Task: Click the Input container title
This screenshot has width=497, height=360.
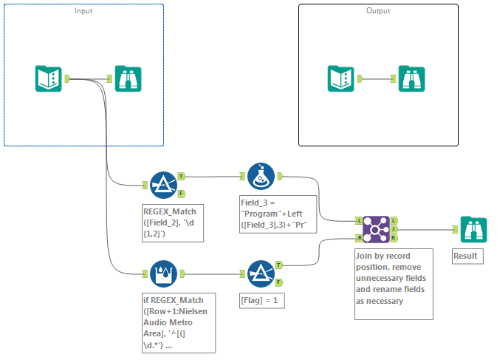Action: point(84,11)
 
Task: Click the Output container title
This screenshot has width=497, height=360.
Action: point(377,11)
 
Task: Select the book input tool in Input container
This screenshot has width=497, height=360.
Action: point(49,78)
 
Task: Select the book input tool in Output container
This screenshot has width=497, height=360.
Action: point(341,78)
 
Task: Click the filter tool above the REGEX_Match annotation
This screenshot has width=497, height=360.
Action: point(164,185)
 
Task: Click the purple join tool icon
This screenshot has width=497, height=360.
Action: point(375,229)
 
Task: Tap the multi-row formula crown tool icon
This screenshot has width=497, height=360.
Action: point(164,273)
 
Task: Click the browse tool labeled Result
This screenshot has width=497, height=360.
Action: point(473,229)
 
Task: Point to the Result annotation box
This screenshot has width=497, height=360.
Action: point(467,257)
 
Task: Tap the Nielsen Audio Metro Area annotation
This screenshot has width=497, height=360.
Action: point(177,322)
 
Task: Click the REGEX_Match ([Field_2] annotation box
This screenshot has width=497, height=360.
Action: point(176,223)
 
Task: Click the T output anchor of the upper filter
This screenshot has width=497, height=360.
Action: point(182,177)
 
